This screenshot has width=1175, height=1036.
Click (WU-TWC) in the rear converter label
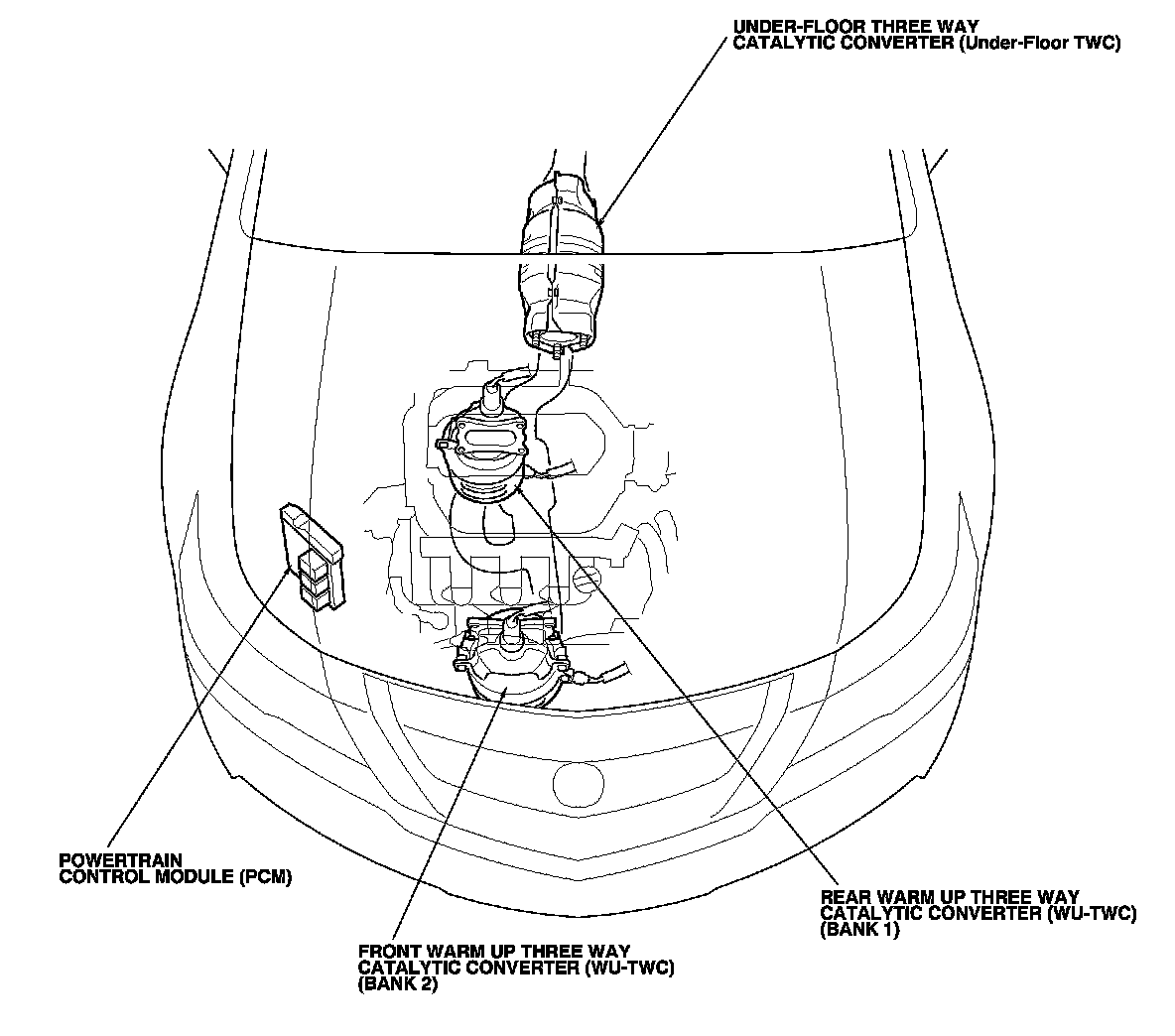tap(1090, 914)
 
